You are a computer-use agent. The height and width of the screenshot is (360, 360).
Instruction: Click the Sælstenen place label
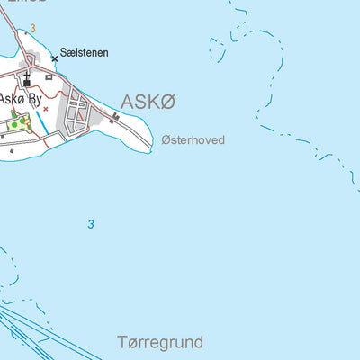click(85, 53)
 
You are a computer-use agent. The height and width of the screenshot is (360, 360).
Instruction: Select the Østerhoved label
click(193, 140)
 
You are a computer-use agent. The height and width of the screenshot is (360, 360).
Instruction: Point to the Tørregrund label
click(160, 342)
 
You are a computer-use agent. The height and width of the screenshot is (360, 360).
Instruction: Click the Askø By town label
click(19, 98)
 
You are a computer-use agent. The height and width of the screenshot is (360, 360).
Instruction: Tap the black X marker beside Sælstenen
click(54, 58)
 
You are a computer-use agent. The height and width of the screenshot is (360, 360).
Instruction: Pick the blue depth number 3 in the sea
click(90, 224)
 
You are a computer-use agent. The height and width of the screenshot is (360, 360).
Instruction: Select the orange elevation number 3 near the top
click(32, 29)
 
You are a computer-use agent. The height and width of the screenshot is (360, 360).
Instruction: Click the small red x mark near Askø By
click(46, 109)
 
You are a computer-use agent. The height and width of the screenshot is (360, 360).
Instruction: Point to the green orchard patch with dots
click(19, 122)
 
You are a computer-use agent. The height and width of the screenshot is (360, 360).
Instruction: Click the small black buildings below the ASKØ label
click(115, 116)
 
